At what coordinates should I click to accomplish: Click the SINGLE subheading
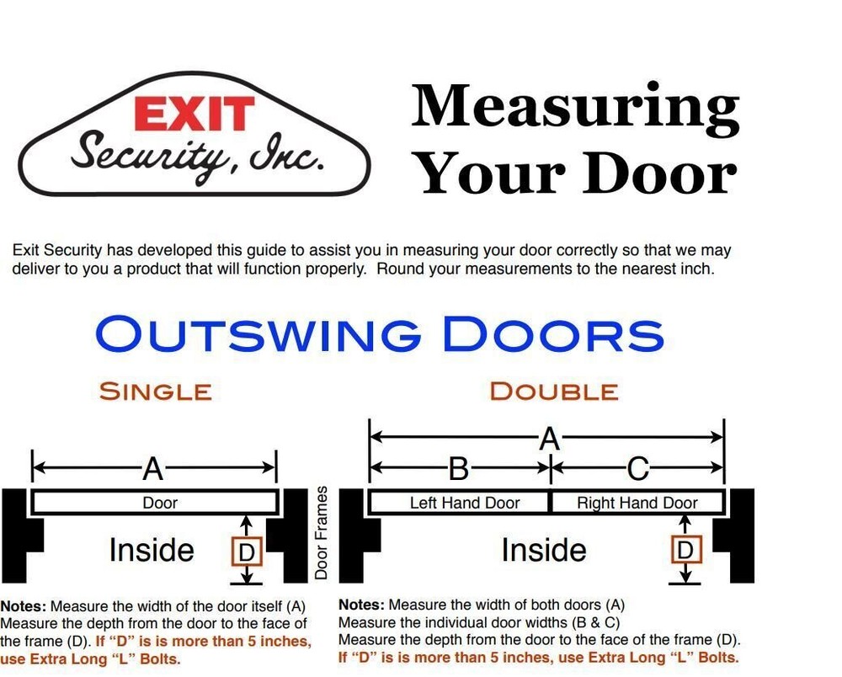[155, 392]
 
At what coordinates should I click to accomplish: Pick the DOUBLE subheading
[553, 392]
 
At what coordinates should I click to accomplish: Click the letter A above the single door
[152, 468]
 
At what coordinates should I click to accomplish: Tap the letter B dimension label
[458, 468]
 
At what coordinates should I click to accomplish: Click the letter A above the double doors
[549, 438]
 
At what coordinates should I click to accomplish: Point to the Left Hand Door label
[465, 504]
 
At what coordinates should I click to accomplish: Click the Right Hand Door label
[637, 504]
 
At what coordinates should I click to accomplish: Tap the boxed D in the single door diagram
[247, 552]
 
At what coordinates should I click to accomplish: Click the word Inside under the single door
[152, 551]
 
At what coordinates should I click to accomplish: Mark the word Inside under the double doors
[544, 551]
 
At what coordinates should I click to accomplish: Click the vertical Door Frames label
[321, 532]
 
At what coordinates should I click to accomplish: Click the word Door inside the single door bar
[160, 504]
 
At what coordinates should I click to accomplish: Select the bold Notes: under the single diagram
[24, 606]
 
